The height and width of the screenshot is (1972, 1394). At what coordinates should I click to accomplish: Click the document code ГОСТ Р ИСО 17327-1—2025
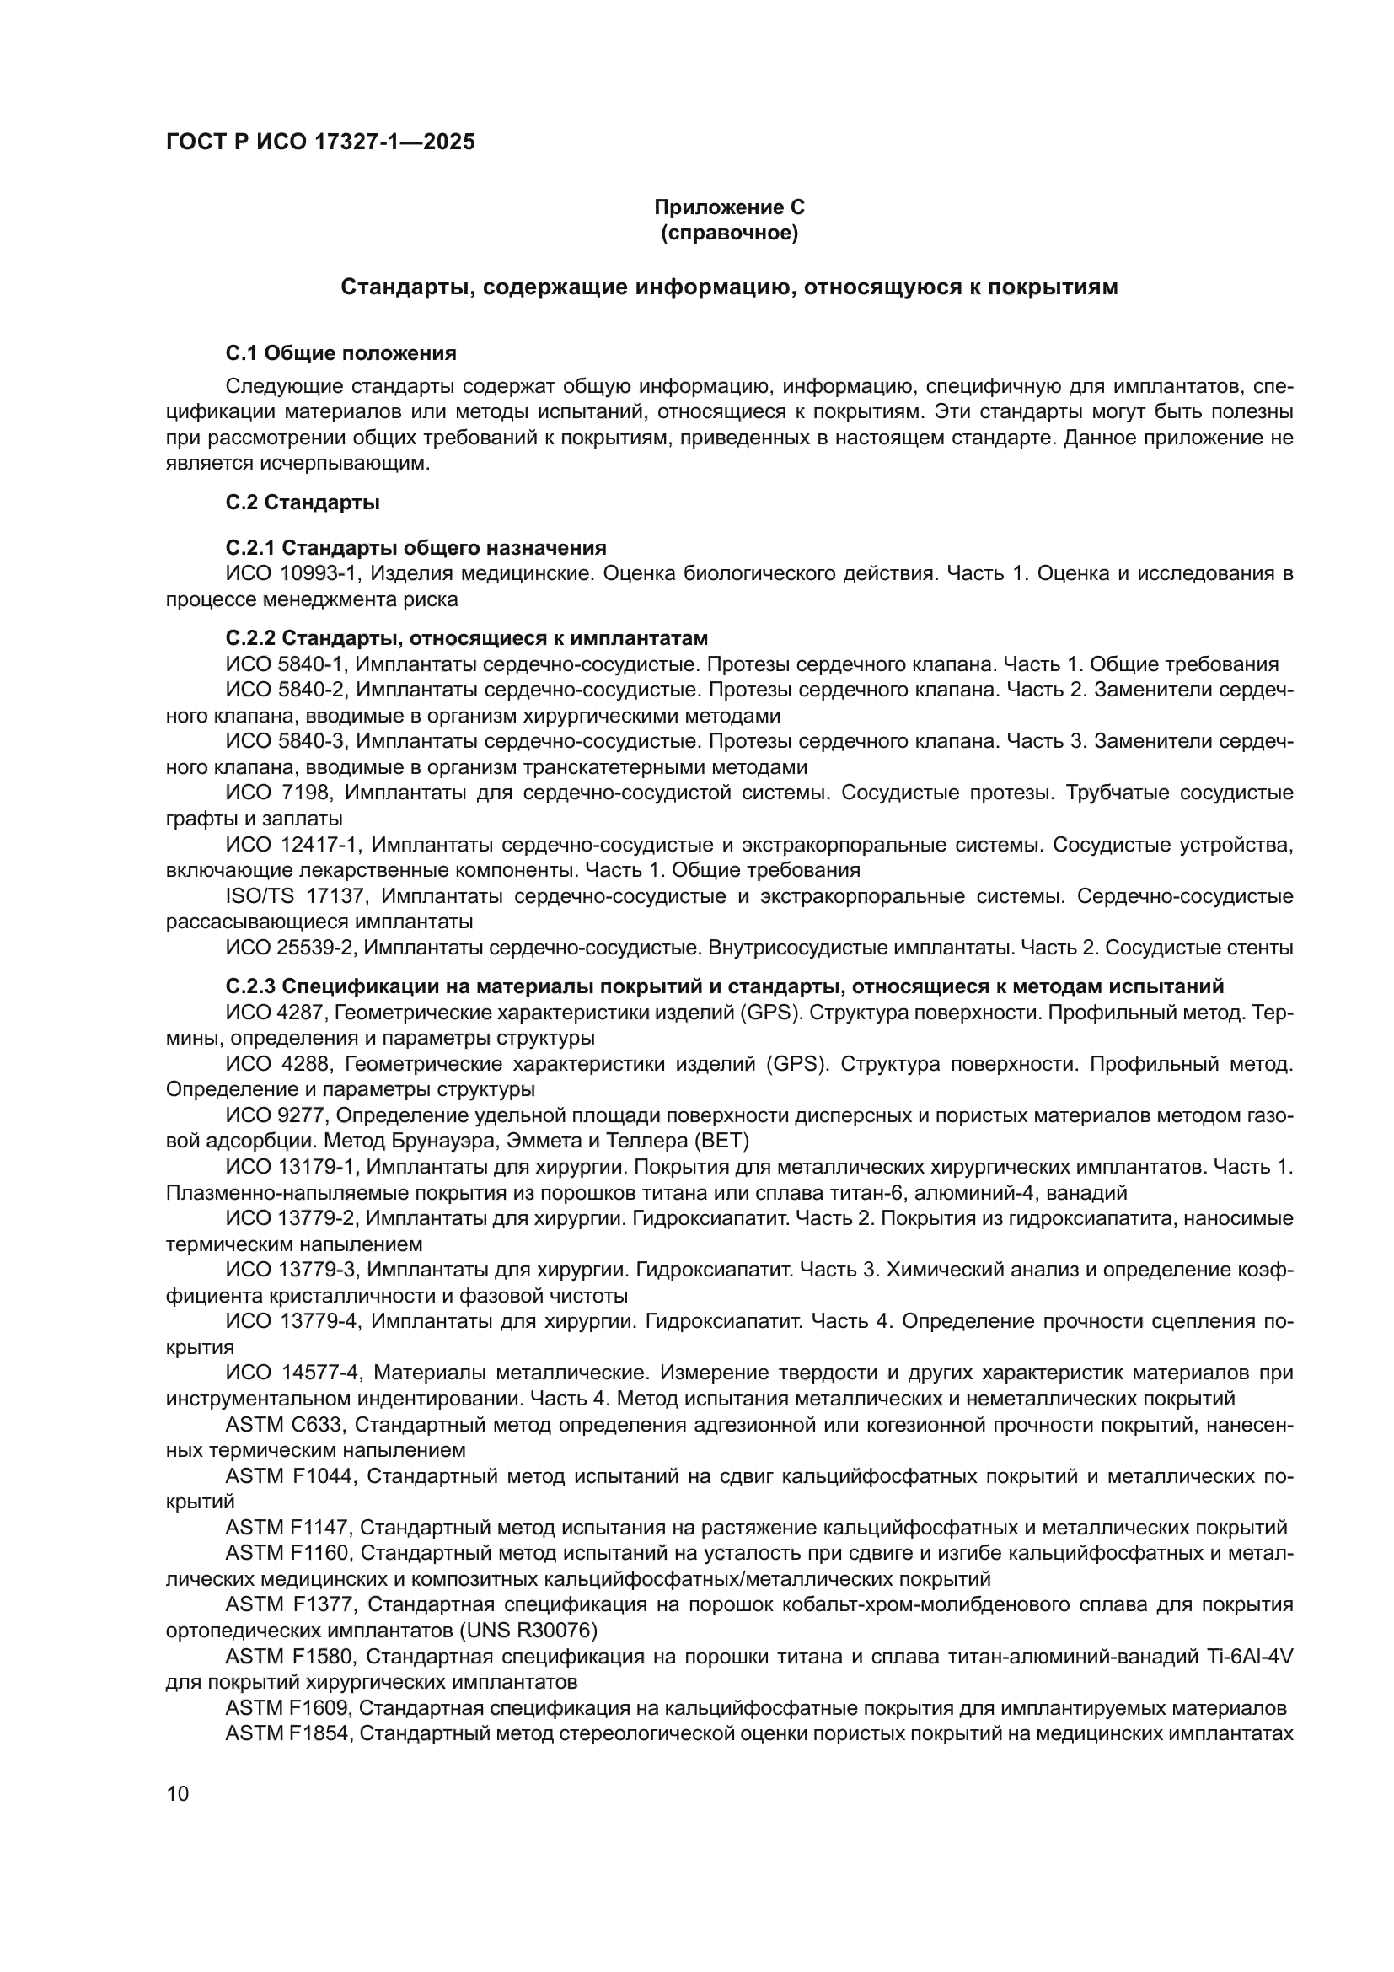tap(319, 142)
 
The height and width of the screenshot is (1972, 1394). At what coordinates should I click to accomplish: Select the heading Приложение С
tap(729, 207)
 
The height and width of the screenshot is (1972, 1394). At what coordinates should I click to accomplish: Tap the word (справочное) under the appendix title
tap(729, 233)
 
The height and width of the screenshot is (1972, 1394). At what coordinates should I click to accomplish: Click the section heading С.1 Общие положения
tap(340, 353)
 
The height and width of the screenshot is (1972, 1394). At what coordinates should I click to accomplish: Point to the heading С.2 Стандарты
tap(303, 502)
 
